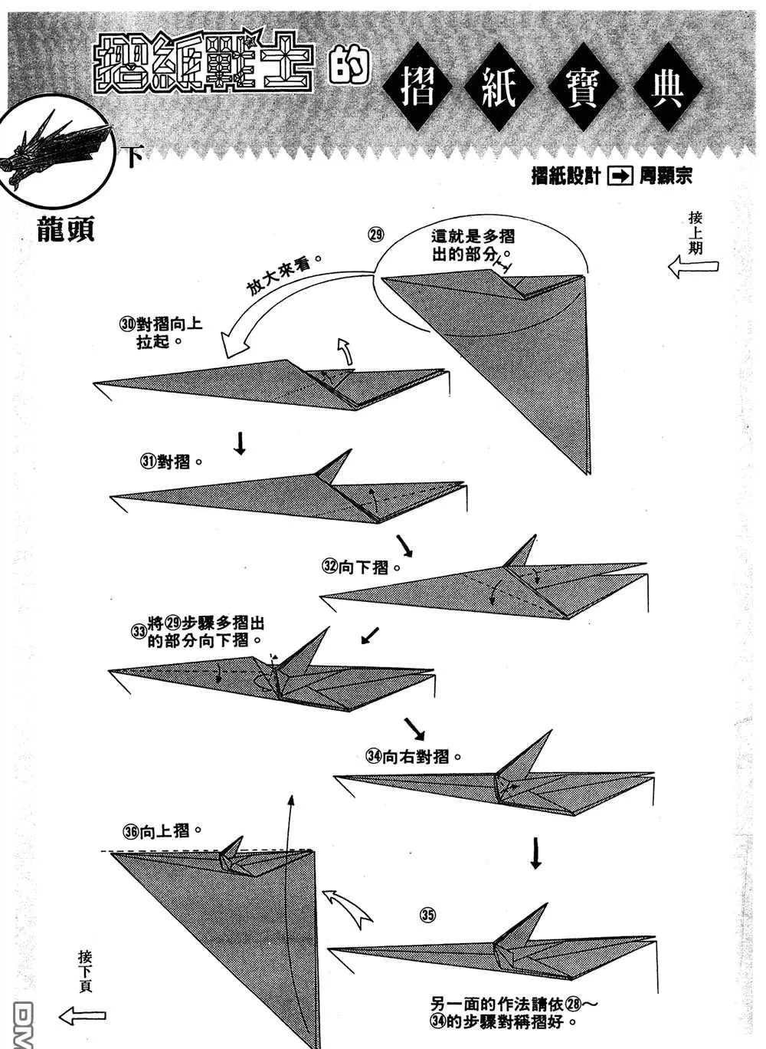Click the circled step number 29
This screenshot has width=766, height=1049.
point(375,235)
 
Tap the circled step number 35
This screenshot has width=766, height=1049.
point(427,914)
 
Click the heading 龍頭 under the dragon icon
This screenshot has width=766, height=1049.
point(66,229)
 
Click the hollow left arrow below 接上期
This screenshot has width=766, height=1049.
point(693,268)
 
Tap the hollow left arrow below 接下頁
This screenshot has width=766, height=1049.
point(82,1017)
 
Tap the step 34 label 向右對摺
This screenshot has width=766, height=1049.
point(414,756)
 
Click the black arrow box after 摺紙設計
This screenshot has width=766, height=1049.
point(620,176)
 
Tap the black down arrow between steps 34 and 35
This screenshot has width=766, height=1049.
point(536,853)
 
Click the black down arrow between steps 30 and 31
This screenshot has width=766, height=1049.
point(240,442)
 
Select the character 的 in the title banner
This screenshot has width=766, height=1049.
point(348,68)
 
